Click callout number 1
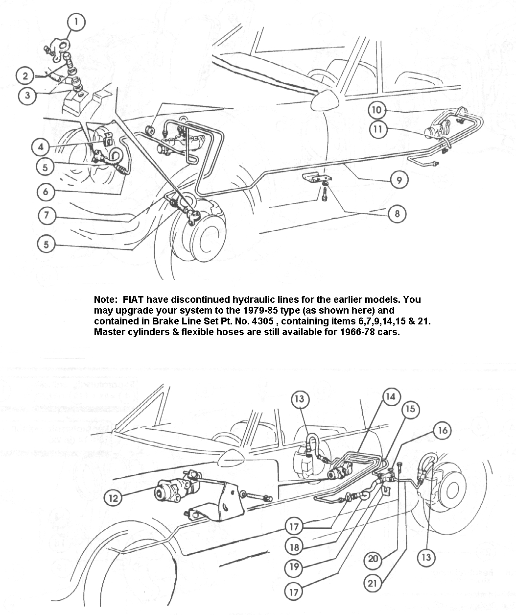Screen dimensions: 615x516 click(x=76, y=22)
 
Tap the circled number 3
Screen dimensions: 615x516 click(x=27, y=95)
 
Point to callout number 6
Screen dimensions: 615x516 click(x=46, y=191)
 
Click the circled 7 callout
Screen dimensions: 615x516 click(x=47, y=216)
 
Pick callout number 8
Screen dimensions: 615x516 click(x=397, y=214)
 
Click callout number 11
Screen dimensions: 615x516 click(x=379, y=129)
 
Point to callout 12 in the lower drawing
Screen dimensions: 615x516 click(x=113, y=498)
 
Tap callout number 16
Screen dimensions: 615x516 click(x=442, y=430)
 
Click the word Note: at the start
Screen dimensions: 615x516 click(x=105, y=299)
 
